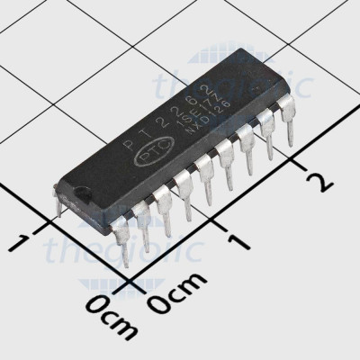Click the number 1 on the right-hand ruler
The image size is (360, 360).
[x=238, y=241]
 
